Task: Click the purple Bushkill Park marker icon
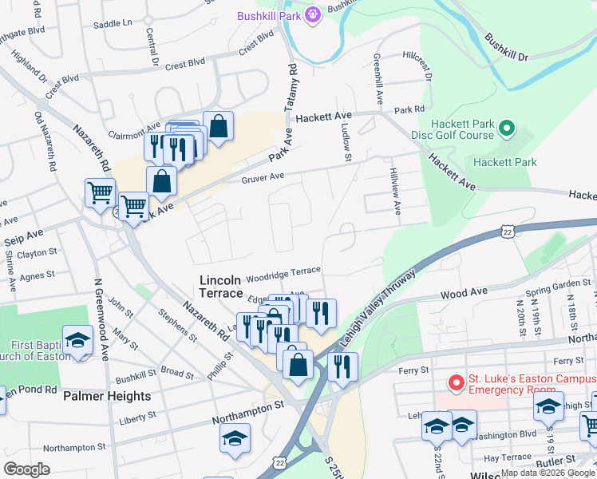click(312, 14)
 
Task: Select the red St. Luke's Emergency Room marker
click(456, 383)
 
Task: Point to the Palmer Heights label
click(107, 396)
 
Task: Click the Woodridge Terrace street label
click(283, 274)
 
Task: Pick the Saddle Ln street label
click(113, 23)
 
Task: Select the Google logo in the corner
click(26, 469)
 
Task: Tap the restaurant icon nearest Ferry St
click(343, 366)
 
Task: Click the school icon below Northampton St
click(235, 437)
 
